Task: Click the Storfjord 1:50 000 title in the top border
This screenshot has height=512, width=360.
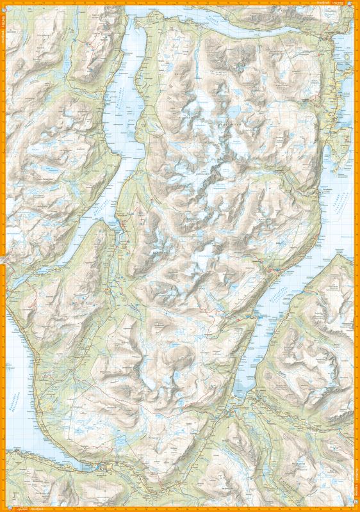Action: pos(323,3)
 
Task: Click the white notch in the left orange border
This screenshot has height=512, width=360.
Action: pos(3,259)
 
